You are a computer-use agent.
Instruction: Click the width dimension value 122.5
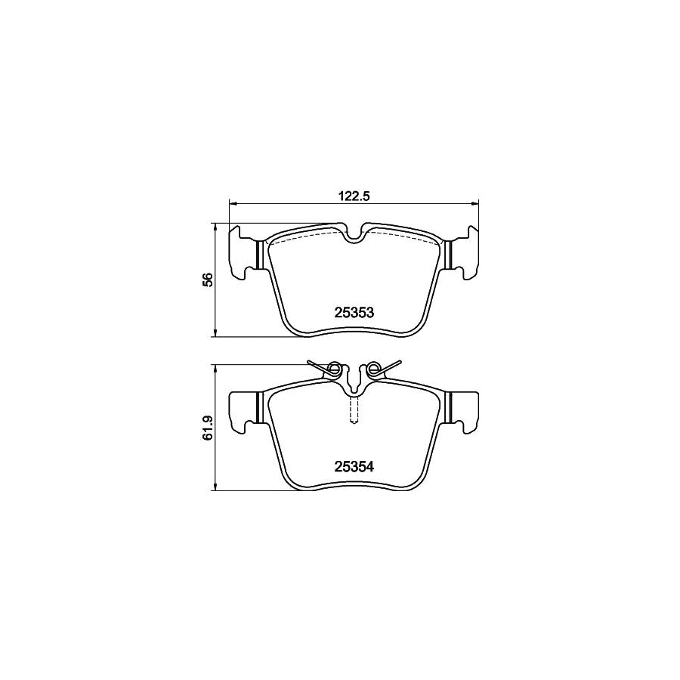click(x=353, y=196)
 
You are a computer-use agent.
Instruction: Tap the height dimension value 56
click(x=209, y=280)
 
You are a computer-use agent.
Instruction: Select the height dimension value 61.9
click(x=209, y=428)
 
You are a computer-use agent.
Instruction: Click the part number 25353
click(x=354, y=312)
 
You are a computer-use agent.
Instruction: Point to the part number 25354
click(x=354, y=466)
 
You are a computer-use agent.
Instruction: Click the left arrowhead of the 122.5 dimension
click(x=233, y=202)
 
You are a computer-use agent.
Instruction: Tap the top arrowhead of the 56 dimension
click(x=215, y=227)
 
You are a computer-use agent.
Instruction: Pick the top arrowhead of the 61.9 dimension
click(x=215, y=369)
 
